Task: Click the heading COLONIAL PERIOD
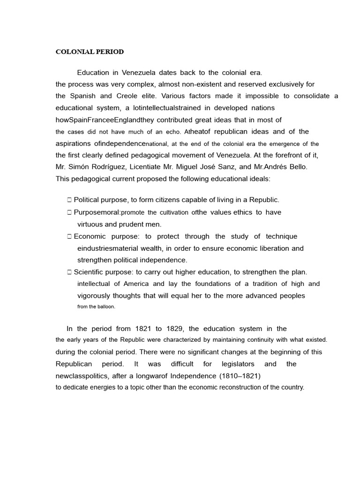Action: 90,52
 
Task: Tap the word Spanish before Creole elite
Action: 83,96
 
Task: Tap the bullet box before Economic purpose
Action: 69,236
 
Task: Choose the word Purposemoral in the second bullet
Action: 96,212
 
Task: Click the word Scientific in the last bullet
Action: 89,272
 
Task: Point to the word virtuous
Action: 91,224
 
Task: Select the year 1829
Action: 179,329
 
